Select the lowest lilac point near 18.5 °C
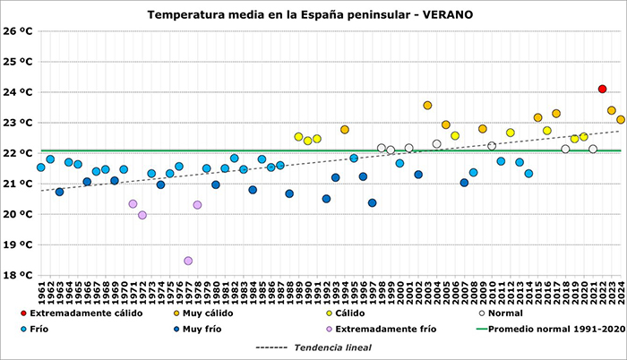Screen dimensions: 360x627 (188, 261)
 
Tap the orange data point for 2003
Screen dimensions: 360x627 (427, 106)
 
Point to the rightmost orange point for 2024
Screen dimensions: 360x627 (621, 119)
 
